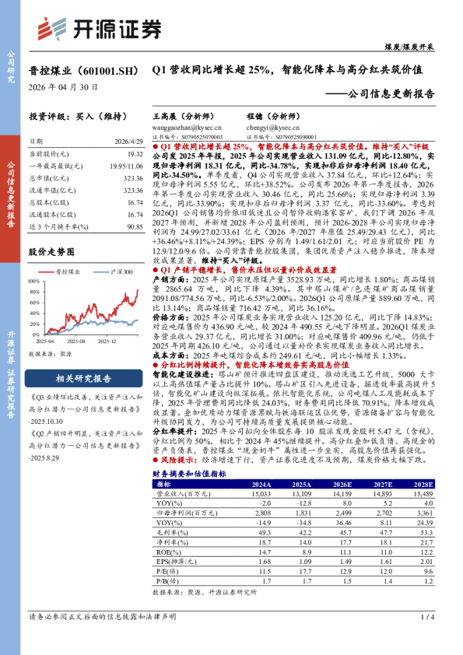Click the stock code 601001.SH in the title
click(x=107, y=70)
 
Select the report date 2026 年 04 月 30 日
click(x=64, y=88)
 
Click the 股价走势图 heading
click(x=51, y=252)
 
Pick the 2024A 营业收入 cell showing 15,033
click(x=260, y=492)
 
